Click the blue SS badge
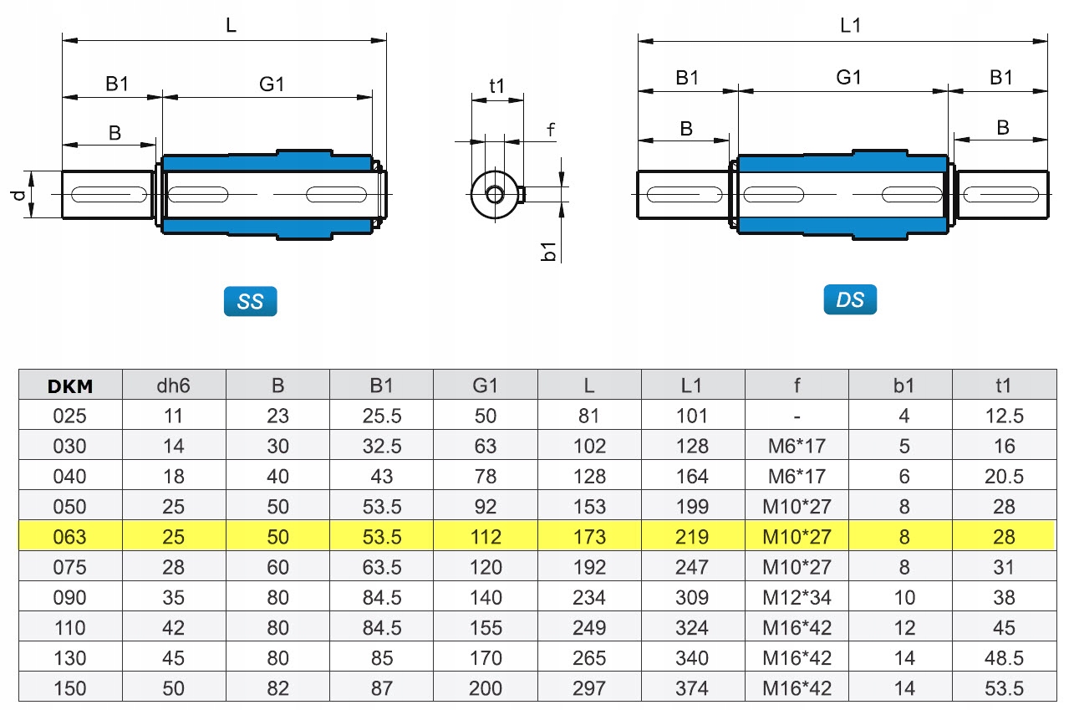[250, 302]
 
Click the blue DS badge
[850, 299]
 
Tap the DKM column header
[70, 386]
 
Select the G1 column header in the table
[485, 386]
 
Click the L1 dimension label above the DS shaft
[850, 26]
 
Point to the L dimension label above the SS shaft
[231, 25]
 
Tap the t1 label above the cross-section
[497, 85]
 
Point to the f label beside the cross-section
[551, 130]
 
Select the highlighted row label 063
[70, 537]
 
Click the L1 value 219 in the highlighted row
[693, 537]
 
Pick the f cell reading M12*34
[797, 597]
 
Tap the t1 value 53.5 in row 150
[1004, 688]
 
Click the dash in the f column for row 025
[797, 416]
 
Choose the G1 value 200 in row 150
[485, 688]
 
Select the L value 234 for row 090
[589, 597]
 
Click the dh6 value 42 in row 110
[173, 628]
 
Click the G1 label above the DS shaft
[848, 78]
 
